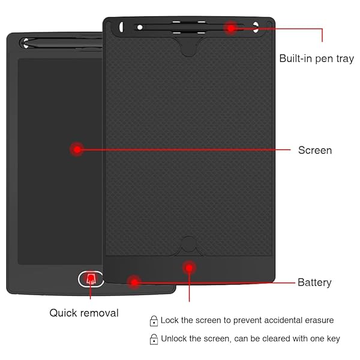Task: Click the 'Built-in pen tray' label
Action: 316,59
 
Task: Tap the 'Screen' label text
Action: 315,150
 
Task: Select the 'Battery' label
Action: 314,283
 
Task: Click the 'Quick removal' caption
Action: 84,313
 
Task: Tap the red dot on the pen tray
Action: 231,28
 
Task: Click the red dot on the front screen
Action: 77,149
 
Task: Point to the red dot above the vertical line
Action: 189,268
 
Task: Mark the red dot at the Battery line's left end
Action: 134,282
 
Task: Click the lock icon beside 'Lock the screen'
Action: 154,321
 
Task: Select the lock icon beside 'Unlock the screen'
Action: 154,340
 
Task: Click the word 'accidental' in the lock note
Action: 283,320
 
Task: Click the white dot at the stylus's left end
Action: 140,28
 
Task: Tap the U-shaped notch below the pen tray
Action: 188,47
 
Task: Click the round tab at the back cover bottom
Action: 188,244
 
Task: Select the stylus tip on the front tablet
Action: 26,43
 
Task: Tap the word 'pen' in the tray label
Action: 324,59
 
